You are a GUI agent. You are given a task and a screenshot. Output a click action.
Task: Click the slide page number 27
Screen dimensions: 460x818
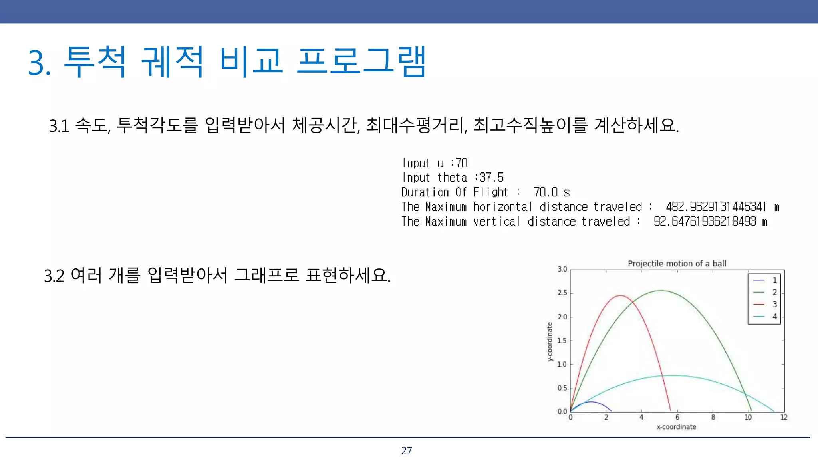point(406,450)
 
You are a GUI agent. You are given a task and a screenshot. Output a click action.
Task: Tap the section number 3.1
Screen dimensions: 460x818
point(59,126)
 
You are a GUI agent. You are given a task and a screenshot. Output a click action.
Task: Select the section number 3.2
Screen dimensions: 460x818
point(54,276)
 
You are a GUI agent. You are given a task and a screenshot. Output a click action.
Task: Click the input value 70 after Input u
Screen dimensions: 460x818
point(461,163)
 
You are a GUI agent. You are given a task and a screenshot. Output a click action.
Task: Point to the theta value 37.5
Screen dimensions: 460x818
point(491,177)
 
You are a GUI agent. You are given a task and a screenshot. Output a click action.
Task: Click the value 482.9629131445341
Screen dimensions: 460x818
point(716,207)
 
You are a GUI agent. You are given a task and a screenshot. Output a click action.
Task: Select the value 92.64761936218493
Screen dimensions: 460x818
point(705,221)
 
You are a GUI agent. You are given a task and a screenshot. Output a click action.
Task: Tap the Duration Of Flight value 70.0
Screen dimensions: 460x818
point(546,192)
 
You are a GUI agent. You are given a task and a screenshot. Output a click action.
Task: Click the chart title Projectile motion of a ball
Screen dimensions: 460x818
point(677,264)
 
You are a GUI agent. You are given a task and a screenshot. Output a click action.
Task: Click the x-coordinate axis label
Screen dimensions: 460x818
point(676,427)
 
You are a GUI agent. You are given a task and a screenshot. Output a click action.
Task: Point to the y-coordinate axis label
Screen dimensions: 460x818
point(550,342)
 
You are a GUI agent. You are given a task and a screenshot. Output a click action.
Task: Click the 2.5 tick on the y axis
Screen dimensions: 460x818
point(562,293)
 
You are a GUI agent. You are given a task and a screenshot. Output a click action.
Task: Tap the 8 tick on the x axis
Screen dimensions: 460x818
point(713,417)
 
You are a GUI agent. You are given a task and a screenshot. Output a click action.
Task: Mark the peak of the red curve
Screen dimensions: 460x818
point(620,295)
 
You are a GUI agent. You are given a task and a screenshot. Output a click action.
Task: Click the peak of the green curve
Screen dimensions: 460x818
point(661,291)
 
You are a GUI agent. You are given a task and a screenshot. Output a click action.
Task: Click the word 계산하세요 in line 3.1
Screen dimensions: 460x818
point(636,125)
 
